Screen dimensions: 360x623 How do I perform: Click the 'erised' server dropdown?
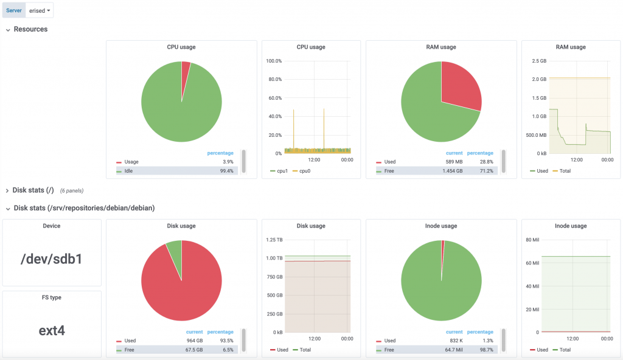pyautogui.click(x=40, y=10)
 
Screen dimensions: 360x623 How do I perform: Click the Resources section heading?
pyautogui.click(x=30, y=29)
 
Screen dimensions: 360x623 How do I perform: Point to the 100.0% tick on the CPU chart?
pyautogui.click(x=274, y=61)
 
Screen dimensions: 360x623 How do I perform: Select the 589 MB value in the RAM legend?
pyautogui.click(x=454, y=162)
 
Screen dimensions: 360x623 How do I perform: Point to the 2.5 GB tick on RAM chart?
pyautogui.click(x=538, y=61)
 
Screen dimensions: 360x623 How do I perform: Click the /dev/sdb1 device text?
pyautogui.click(x=51, y=259)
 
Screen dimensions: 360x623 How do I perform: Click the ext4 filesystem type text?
pyautogui.click(x=51, y=330)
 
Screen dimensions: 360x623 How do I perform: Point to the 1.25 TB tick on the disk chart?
pyautogui.click(x=273, y=240)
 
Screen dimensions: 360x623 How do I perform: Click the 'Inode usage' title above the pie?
pyautogui.click(x=440, y=226)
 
